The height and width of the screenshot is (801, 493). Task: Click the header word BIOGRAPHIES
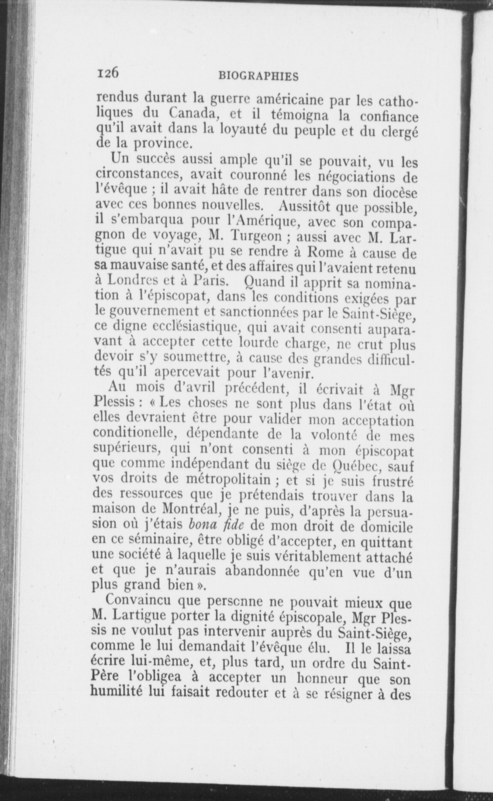[258, 76]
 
